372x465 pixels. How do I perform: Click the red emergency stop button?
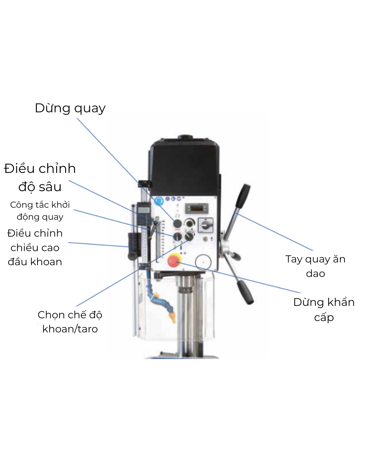(174, 261)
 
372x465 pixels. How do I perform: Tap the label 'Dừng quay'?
(70, 108)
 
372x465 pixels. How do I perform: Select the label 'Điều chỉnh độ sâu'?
(40, 177)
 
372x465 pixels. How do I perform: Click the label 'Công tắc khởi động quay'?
(40, 211)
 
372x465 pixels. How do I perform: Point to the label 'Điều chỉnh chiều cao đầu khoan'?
(35, 247)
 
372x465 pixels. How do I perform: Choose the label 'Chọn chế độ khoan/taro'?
(70, 322)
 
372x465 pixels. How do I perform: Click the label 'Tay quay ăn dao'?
(316, 266)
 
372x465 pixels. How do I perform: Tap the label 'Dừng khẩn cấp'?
(324, 310)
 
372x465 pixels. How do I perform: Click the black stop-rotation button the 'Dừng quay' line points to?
(177, 224)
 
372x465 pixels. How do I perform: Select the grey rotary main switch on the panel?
(206, 225)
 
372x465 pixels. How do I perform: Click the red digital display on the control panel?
(197, 208)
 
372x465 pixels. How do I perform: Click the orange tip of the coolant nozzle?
(173, 318)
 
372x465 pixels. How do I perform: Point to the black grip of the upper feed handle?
(243, 196)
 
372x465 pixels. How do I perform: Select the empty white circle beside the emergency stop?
(203, 262)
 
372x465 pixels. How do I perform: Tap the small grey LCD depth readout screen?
(144, 210)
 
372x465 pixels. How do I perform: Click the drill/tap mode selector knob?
(189, 236)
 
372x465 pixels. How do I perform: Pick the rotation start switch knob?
(177, 237)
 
